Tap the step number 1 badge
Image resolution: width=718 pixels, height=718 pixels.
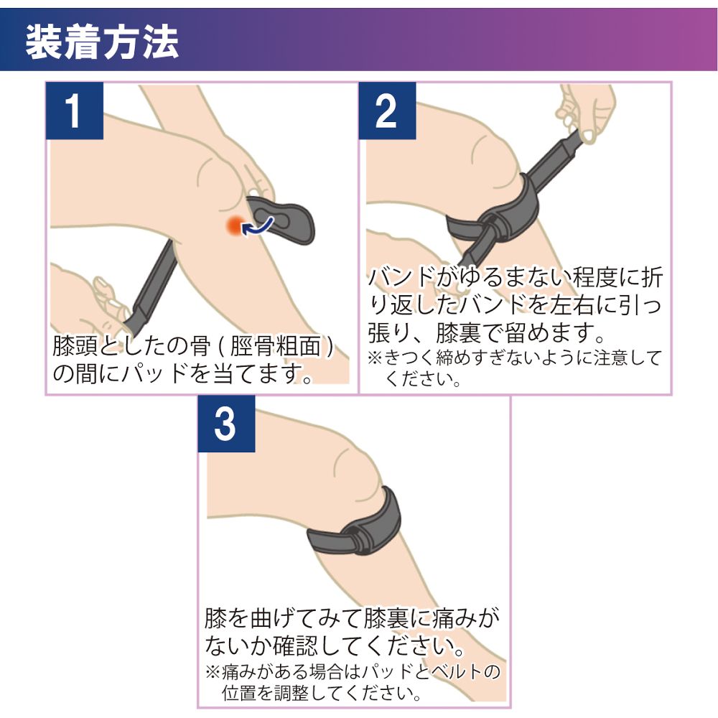(75, 111)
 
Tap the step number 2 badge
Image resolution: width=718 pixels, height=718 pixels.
(387, 111)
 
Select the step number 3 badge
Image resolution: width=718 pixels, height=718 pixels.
(225, 424)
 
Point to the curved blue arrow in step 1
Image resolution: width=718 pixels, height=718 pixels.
(258, 224)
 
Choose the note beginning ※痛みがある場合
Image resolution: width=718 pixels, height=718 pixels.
(352, 673)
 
